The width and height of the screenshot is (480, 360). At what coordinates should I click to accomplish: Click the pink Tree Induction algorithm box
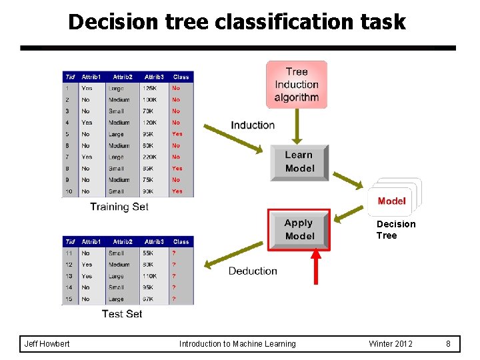click(297, 84)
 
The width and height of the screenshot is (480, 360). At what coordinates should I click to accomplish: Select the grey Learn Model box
click(299, 162)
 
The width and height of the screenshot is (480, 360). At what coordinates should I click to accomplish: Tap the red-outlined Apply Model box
click(299, 230)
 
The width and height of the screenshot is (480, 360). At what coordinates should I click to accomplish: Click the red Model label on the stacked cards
click(391, 201)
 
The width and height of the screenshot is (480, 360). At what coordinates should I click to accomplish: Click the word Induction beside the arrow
click(253, 125)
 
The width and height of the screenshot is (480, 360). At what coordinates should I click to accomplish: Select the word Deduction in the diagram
click(253, 271)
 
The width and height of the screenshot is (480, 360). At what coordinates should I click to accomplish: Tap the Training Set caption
click(119, 207)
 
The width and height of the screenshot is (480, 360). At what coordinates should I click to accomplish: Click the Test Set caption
click(122, 313)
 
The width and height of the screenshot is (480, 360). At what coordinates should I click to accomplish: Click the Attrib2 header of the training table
click(123, 77)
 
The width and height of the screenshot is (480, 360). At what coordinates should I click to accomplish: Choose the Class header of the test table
click(181, 241)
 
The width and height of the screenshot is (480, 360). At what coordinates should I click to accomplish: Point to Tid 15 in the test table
click(69, 299)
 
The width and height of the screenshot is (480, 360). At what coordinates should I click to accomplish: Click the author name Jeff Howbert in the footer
click(47, 344)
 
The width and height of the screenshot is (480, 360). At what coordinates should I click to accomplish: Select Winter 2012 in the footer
click(391, 344)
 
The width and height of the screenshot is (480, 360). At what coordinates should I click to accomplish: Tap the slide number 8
click(449, 344)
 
